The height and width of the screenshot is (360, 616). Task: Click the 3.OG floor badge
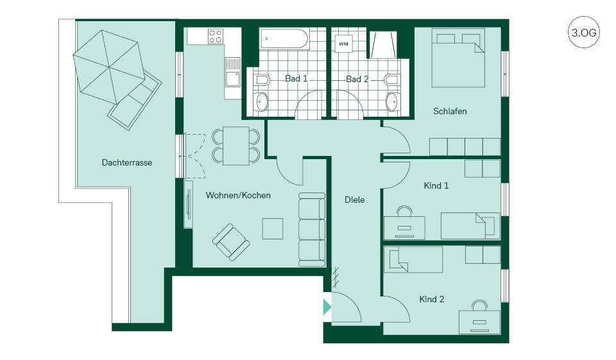584,32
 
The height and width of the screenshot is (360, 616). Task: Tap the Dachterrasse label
127,162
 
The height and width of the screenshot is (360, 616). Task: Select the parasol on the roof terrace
109,67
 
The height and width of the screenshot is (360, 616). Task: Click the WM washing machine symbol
343,44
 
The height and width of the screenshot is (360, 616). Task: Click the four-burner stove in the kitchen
216,36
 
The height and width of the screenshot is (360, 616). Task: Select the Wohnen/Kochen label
238,195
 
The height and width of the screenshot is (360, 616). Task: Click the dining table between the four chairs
236,146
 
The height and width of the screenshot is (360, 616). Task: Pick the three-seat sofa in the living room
312,230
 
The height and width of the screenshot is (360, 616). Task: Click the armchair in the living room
231,242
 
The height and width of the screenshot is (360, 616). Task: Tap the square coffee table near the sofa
273,228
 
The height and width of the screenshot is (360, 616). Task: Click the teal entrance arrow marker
327,307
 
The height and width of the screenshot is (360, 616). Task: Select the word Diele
354,200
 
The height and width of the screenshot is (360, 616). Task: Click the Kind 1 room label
436,185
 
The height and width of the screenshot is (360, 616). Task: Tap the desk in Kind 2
480,322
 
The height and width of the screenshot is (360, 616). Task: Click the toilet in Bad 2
391,80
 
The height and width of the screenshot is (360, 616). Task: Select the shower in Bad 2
383,44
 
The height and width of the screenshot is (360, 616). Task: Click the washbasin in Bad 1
262,102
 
